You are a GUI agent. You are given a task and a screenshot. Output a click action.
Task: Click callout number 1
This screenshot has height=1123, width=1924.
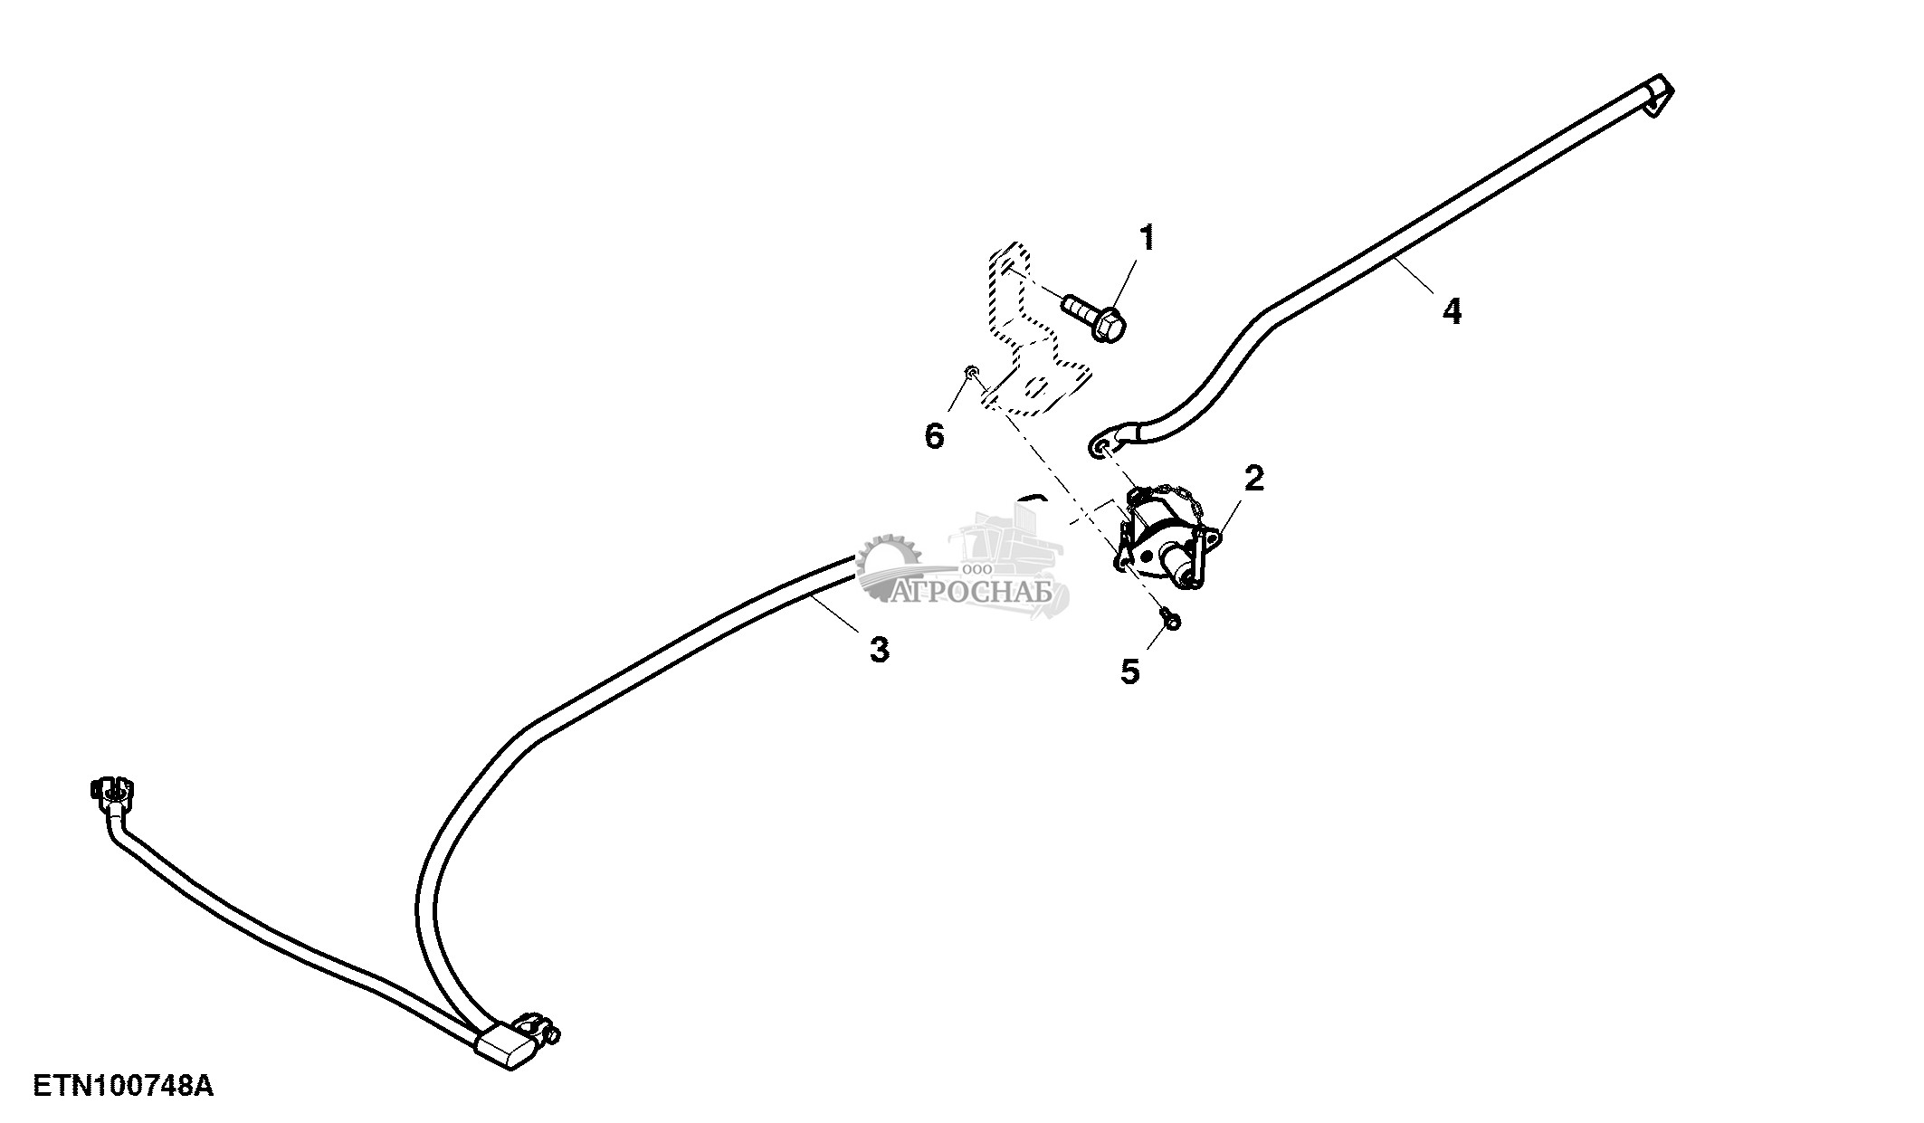click(x=1147, y=239)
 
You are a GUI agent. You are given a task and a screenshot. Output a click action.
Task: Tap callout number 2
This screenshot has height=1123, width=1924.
click(x=1253, y=478)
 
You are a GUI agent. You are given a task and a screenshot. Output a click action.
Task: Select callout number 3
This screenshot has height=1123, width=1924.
click(x=879, y=650)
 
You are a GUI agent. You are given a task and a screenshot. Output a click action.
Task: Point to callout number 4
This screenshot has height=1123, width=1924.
click(x=1451, y=311)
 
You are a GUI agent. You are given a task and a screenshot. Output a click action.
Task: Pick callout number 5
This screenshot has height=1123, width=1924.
click(x=1129, y=671)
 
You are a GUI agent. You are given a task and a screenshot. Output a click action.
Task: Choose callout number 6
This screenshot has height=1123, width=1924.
click(x=934, y=436)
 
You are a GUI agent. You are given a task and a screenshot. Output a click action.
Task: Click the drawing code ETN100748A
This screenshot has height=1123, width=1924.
click(x=123, y=1086)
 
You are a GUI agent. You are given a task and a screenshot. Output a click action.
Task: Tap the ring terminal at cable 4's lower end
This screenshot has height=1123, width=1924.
click(x=1102, y=446)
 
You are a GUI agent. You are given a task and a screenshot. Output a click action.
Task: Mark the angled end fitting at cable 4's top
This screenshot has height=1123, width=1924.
click(x=1658, y=94)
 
